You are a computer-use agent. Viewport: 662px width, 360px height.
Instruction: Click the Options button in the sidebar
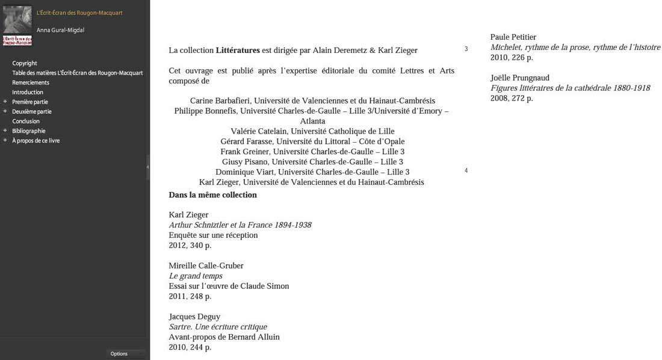click(119, 353)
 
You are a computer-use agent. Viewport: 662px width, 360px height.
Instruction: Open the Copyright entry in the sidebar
click(25, 63)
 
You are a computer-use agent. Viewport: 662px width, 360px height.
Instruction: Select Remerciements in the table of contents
click(31, 82)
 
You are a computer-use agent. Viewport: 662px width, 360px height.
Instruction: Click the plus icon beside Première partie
click(5, 102)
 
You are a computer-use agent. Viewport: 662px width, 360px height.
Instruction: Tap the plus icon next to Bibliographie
click(5, 131)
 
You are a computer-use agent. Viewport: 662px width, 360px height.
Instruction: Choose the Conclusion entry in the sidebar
click(26, 121)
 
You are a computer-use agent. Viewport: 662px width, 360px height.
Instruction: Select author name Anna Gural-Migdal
click(60, 30)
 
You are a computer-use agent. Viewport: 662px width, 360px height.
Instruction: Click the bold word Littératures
click(238, 50)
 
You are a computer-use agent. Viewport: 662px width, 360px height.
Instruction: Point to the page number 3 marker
click(466, 49)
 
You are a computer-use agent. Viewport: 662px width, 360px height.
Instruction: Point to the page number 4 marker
click(466, 170)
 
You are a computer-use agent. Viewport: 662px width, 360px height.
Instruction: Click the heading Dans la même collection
click(212, 194)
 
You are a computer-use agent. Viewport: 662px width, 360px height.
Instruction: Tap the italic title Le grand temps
click(196, 276)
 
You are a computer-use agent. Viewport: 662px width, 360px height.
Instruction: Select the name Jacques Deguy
click(194, 316)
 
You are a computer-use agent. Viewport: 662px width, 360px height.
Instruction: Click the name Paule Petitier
click(513, 37)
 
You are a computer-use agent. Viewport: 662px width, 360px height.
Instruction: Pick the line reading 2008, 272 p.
click(512, 98)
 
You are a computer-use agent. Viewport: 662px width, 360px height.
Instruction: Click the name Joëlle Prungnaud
click(519, 78)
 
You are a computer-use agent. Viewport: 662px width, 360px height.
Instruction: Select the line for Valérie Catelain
click(312, 131)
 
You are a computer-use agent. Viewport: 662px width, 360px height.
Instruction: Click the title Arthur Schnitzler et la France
click(240, 225)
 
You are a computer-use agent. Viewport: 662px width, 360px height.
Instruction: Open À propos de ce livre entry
click(36, 140)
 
